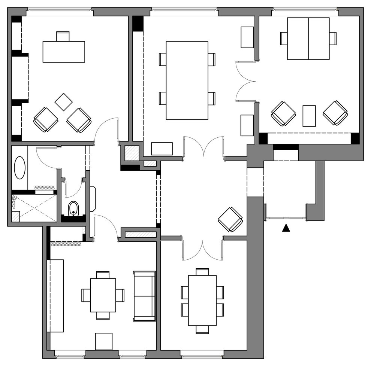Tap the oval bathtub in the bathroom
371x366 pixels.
pos(19,168)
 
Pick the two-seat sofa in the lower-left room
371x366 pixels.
pos(144,296)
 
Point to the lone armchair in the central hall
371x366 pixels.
pos(230,220)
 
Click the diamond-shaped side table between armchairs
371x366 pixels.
pos(63,102)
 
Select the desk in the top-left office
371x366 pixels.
pos(64,52)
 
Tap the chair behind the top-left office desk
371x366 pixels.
pos(63,37)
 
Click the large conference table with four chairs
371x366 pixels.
pos(187,80)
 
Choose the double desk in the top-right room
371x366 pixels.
pos(308,39)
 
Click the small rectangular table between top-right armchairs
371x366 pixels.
pos(309,116)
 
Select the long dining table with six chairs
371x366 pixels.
pos(202,301)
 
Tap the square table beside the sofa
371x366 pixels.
pos(103,295)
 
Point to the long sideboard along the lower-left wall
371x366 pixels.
pos(57,296)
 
